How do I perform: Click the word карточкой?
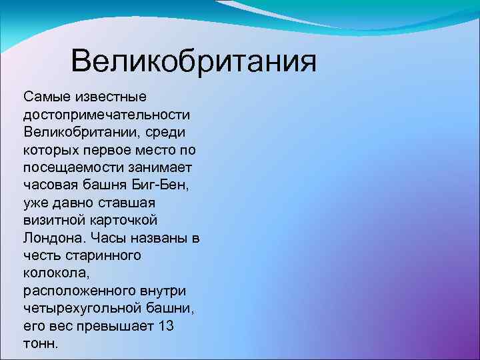point(127,219)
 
